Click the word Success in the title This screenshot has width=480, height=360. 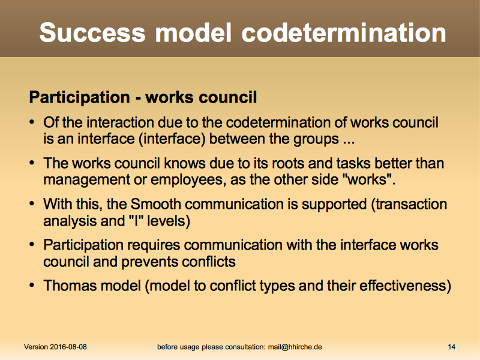click(92, 32)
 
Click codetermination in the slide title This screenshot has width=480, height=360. click(344, 32)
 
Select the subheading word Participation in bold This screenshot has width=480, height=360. click(80, 98)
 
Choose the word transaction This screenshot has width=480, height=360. click(411, 204)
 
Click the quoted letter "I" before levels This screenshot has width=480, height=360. click(136, 220)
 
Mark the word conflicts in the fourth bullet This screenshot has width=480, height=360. click(208, 262)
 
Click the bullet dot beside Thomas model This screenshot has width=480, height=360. click(32, 286)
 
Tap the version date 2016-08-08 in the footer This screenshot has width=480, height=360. click(68, 347)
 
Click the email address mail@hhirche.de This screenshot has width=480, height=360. click(295, 347)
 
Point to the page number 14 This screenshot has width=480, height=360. click(452, 347)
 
